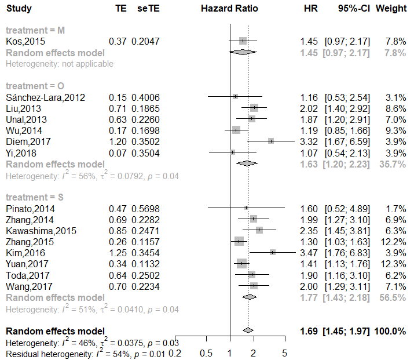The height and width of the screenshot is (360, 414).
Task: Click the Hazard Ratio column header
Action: [230, 9]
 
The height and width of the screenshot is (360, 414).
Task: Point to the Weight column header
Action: [391, 9]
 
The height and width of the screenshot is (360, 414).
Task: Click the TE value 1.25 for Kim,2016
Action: [118, 253]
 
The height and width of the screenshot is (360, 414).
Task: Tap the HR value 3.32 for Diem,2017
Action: [309, 141]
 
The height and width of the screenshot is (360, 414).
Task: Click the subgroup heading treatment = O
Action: [35, 86]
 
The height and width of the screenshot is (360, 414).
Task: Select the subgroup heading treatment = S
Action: [35, 197]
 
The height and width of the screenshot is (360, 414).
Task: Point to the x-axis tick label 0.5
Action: [205, 352]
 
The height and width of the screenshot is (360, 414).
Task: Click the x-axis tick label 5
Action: [284, 352]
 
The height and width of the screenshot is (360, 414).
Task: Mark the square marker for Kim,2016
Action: [272, 252]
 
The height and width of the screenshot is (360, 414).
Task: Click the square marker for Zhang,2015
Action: [239, 241]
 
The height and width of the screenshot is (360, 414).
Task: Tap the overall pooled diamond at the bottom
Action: [248, 330]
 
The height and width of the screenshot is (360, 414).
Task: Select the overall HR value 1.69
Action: [309, 331]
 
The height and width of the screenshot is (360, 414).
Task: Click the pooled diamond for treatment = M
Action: [243, 52]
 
